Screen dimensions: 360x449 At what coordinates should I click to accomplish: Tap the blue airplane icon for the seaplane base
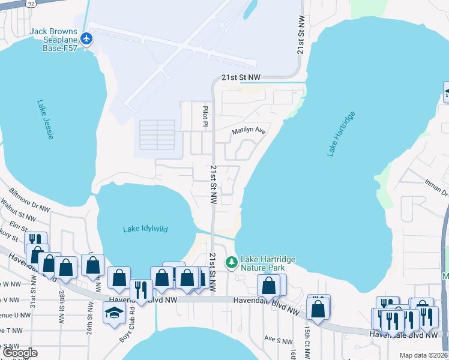88,38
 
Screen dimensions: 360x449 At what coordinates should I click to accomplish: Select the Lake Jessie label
45,119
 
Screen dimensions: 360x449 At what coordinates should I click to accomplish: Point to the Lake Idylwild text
145,229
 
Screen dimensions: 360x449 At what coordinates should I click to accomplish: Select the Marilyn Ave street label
249,130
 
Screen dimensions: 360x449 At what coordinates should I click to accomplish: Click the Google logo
20,353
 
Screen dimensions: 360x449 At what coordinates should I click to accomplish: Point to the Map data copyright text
423,355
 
